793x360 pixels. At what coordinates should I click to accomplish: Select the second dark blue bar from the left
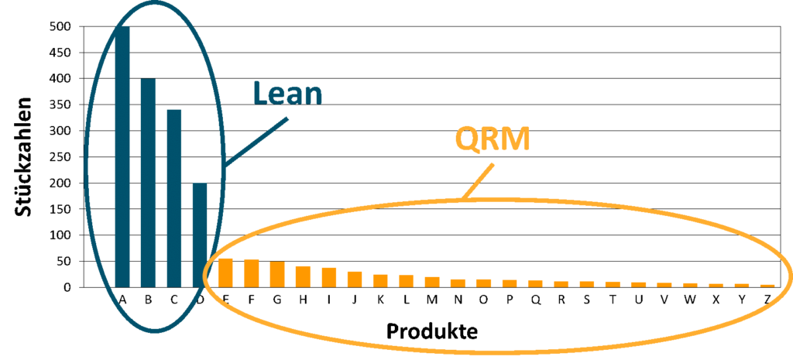(x=148, y=183)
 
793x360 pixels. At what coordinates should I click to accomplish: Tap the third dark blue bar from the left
(x=174, y=197)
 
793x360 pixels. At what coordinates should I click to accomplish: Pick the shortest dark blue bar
(x=200, y=235)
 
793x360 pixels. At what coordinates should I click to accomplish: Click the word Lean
(x=287, y=94)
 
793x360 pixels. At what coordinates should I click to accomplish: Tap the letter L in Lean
(x=261, y=94)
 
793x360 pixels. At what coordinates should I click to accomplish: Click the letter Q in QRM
(x=467, y=140)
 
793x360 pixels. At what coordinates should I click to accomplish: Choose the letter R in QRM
(x=491, y=140)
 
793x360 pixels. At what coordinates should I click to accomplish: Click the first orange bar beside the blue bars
(x=225, y=273)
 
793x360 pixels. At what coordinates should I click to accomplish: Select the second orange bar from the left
(x=251, y=273)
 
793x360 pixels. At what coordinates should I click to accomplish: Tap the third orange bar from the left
(x=277, y=274)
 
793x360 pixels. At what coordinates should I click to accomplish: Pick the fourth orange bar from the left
(x=303, y=276)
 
